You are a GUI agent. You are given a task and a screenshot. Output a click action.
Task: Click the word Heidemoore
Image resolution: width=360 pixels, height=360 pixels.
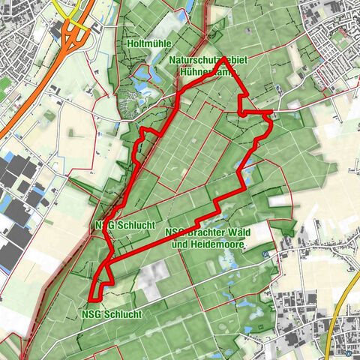[221, 244]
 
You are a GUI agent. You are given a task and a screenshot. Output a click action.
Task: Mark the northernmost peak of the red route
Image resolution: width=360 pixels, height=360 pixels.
[224, 58]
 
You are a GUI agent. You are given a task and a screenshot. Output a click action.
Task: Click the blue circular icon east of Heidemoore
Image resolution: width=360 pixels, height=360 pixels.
[265, 254]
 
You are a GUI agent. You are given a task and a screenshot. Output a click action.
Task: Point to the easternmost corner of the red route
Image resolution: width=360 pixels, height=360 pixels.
[271, 112]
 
